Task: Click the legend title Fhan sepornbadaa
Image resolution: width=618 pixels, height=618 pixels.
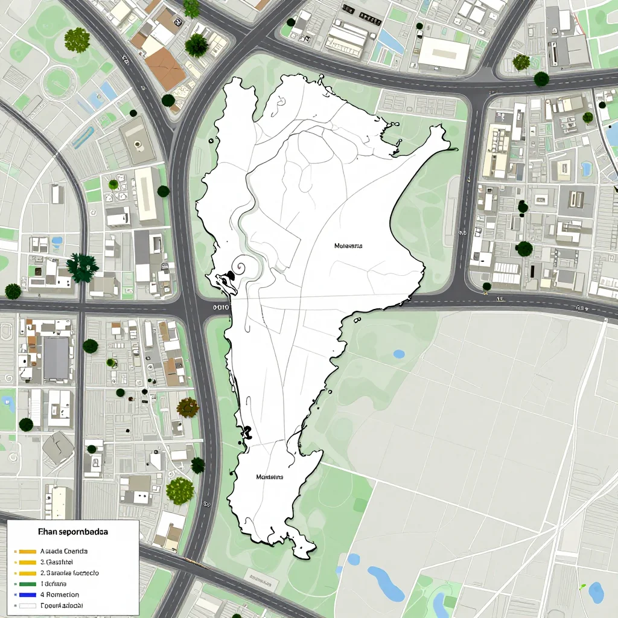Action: (x=73, y=533)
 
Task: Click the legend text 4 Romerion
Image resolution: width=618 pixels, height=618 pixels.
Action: (x=60, y=594)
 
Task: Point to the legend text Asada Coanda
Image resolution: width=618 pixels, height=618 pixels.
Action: (x=63, y=551)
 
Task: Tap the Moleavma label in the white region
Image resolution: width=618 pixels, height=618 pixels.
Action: (x=348, y=246)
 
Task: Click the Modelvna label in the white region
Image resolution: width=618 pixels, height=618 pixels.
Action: (x=269, y=477)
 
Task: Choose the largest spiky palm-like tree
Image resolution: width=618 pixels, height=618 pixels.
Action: (x=82, y=267)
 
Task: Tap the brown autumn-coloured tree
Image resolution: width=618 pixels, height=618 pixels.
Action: (x=188, y=407)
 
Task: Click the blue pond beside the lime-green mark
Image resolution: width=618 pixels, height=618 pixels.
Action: (x=596, y=592)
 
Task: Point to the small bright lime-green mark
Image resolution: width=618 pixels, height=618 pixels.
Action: (x=582, y=586)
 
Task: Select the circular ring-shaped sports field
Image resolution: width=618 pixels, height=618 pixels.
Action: (x=59, y=81)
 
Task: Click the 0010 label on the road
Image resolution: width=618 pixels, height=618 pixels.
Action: (x=221, y=307)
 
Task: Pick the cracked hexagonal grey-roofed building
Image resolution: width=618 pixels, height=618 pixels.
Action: (x=58, y=447)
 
